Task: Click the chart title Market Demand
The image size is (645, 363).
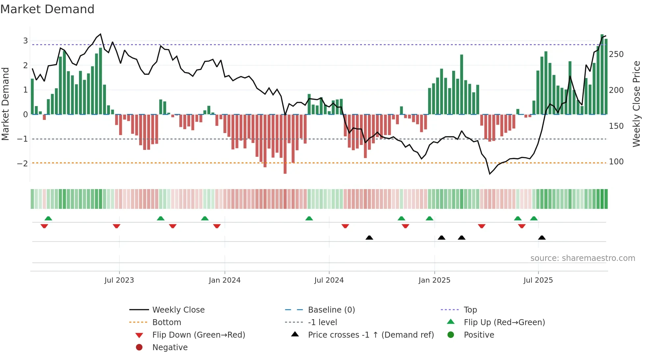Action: (47, 9)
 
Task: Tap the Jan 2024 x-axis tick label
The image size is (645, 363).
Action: (224, 280)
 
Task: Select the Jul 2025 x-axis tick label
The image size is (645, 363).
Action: (538, 280)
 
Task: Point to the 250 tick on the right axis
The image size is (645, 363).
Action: (616, 54)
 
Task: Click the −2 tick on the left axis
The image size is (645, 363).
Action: (22, 163)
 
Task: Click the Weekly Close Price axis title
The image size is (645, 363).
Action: (636, 104)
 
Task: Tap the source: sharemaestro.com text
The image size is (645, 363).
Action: (582, 258)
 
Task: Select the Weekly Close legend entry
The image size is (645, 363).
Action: (178, 310)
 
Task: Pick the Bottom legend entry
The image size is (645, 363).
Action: (167, 322)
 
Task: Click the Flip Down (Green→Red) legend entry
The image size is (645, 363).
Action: (198, 335)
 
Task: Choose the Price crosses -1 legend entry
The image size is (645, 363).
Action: (371, 335)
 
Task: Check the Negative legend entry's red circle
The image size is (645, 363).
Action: (139, 348)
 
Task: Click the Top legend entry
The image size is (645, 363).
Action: (470, 310)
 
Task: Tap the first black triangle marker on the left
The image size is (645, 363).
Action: (369, 237)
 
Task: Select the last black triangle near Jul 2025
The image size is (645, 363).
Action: (542, 237)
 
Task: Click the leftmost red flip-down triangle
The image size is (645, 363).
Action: (44, 226)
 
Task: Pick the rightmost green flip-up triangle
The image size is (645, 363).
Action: (534, 218)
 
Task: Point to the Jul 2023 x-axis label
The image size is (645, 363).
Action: (119, 280)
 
